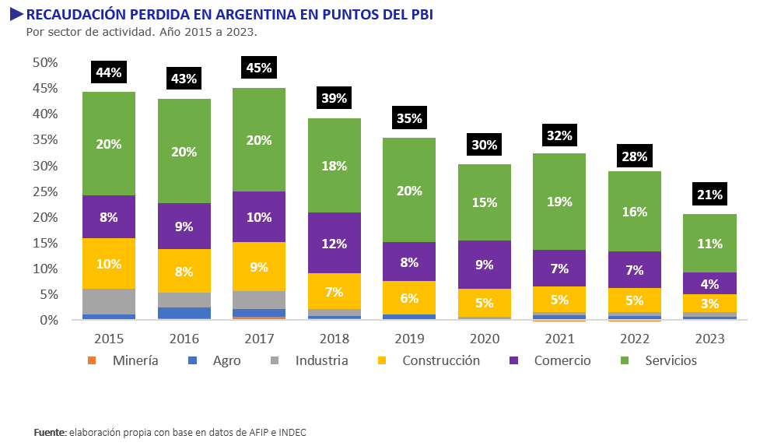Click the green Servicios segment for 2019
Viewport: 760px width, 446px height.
[409, 190]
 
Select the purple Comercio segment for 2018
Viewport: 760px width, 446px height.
[334, 243]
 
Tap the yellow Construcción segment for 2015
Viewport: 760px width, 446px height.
[109, 263]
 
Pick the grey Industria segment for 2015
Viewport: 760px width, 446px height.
[109, 301]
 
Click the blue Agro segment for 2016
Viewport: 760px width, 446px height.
[184, 313]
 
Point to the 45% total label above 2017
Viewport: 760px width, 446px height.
[259, 68]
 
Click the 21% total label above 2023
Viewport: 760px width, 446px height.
[709, 194]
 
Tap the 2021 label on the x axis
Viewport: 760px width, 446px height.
[559, 339]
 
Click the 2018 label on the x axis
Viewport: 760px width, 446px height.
[334, 339]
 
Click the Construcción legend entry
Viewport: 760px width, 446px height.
[441, 360]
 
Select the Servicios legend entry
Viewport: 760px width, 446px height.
[671, 360]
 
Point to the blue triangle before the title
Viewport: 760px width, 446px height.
[16, 15]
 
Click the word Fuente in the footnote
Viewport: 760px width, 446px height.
[51, 432]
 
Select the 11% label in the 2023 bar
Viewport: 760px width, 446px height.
[709, 243]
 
